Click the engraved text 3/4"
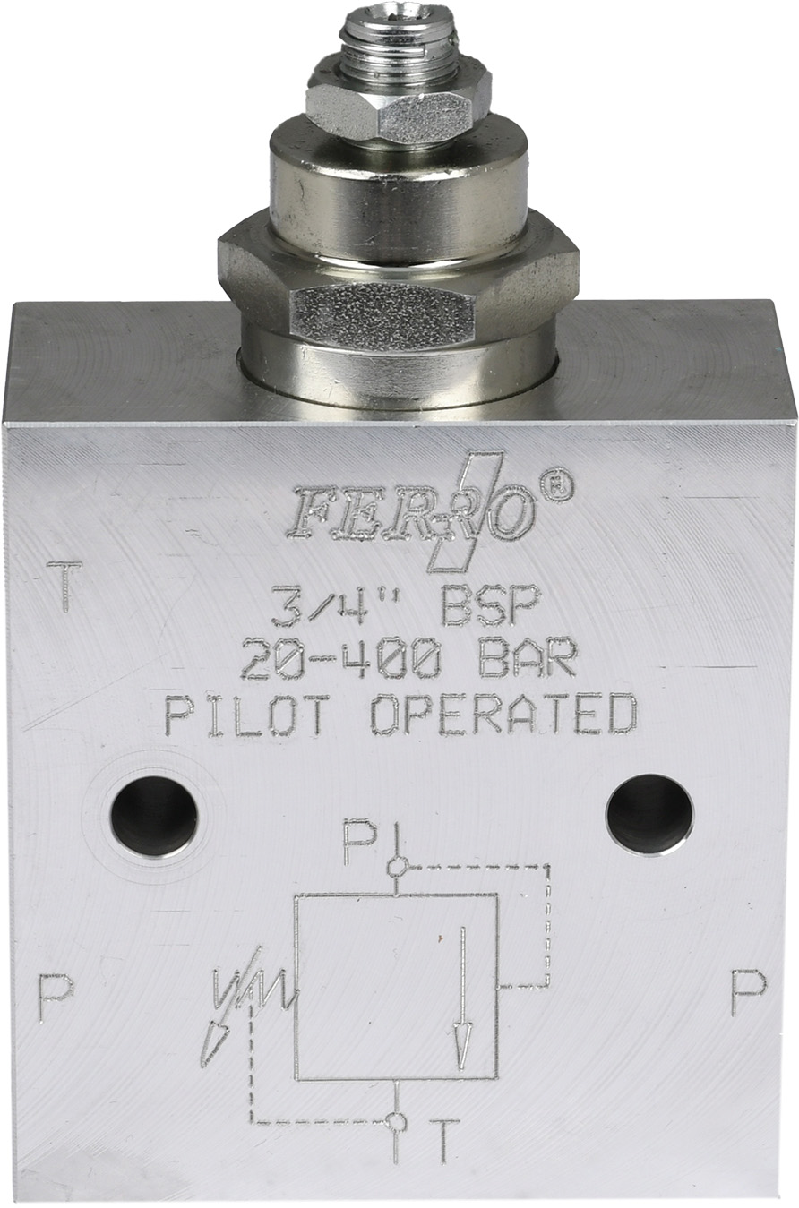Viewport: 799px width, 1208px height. click(335, 607)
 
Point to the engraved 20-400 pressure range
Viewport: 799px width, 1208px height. click(340, 658)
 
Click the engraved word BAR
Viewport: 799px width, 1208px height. click(527, 658)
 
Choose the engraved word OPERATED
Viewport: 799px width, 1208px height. click(503, 715)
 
